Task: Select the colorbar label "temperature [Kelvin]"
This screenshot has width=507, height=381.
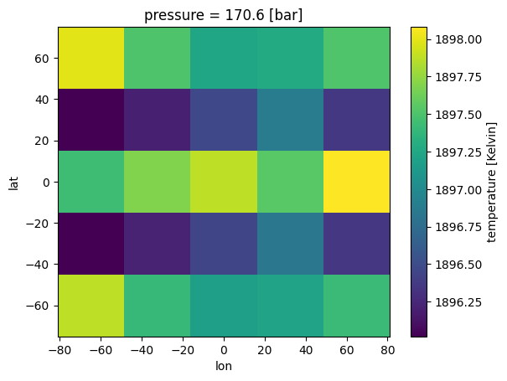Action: [492, 182]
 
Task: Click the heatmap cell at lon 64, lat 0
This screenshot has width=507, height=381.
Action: [356, 182]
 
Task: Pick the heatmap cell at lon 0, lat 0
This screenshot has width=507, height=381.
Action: [224, 182]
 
